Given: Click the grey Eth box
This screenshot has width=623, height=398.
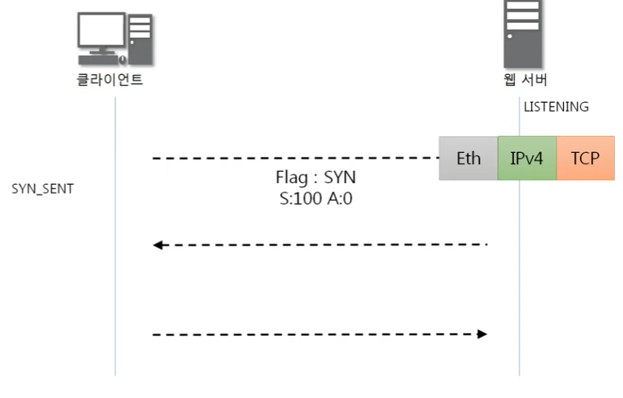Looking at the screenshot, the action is coord(469,159).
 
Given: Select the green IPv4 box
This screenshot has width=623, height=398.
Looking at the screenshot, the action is coord(527,159).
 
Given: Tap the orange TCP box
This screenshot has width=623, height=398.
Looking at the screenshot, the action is coord(585,159).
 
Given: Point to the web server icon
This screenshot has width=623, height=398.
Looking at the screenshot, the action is coord(523,33).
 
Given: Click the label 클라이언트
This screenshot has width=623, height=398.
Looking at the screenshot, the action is coord(110,79).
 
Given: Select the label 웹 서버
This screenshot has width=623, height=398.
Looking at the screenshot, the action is coord(525,79).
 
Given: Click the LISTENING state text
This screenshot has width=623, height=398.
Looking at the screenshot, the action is coord(556,107).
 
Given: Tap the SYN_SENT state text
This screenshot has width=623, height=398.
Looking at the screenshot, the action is coord(42,188).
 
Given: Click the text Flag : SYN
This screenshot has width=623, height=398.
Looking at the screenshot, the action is coord(315,179).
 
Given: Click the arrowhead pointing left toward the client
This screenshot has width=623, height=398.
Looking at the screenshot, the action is coord(157,244).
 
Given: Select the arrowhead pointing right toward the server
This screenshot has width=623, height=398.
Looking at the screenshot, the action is coord(481,334).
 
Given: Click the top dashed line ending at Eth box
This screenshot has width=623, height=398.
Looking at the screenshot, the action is coord(295,158).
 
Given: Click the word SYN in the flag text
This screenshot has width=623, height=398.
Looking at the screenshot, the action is coord(339,179).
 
